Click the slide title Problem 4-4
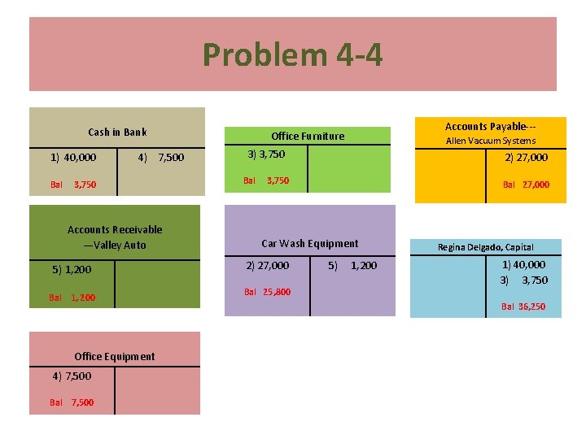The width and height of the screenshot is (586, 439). pos(292,55)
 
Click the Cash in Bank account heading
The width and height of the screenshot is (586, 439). pos(117,133)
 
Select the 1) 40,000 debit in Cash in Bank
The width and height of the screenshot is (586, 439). pos(73,158)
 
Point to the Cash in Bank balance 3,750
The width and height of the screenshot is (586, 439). pos(84,185)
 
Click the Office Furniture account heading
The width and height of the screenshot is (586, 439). pos(308,137)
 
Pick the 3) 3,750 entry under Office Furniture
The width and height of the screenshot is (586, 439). pos(266,154)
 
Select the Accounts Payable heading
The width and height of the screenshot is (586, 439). pos(490,127)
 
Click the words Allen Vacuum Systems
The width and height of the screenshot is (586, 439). pos(490,141)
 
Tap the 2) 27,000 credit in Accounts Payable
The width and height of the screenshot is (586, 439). pos(526,158)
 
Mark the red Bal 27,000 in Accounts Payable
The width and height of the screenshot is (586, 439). pos(526,185)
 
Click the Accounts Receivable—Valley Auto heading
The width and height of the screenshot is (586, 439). pos(115,237)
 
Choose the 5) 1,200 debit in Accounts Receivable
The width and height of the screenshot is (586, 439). pos(72,270)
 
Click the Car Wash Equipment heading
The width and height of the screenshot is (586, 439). pos(309,243)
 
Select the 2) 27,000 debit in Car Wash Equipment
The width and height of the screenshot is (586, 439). pos(267,266)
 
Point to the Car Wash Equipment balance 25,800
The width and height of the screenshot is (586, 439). pos(277,292)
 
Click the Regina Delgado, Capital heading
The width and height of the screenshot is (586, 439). pos(485,247)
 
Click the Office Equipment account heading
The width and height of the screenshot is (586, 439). pos(114,356)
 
